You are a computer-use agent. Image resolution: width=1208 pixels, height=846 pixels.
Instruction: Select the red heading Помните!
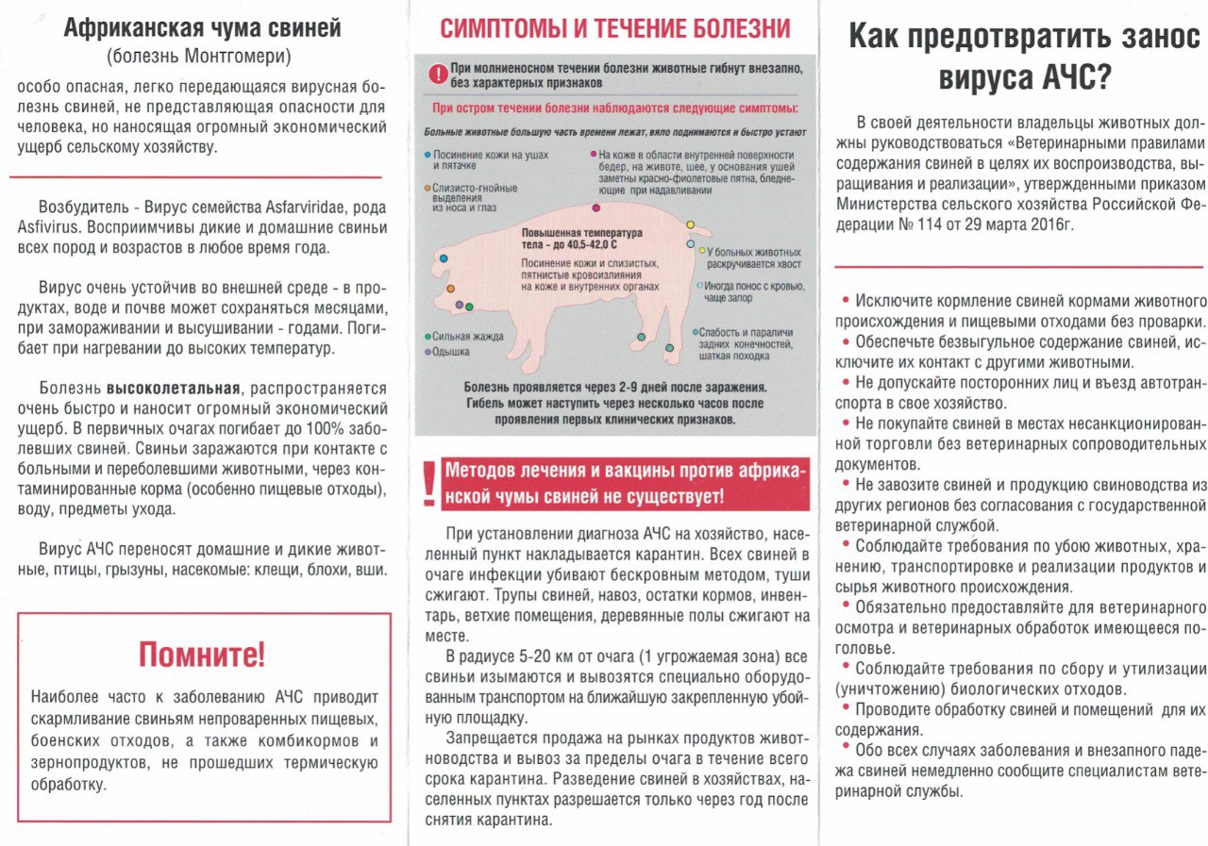[x=203, y=653]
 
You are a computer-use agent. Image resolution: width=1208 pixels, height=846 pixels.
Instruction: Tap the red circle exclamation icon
[x=436, y=73]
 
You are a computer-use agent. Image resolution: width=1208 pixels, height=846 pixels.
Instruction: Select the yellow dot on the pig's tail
[x=690, y=225]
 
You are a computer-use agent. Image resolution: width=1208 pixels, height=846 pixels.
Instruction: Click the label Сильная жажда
[x=468, y=337]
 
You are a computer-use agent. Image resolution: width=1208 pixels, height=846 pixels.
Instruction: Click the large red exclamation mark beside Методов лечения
[x=430, y=487]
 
